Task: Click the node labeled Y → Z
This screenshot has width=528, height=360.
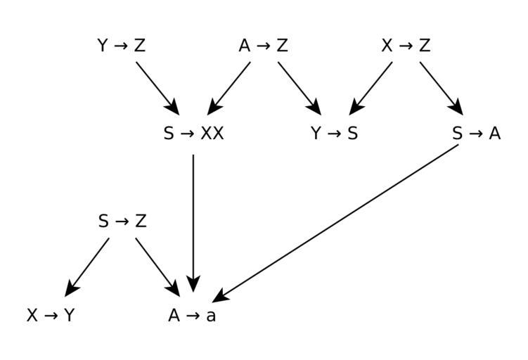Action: coord(122,46)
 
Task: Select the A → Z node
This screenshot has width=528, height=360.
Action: coord(264,46)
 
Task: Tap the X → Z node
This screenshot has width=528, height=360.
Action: coord(406,46)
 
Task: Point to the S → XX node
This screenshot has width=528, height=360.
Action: coord(193,134)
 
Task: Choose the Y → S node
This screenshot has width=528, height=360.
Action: coord(335,134)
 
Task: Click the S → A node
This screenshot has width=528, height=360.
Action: coord(477,134)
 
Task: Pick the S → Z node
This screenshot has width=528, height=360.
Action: coord(122,221)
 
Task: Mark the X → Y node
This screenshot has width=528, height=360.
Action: coord(51,316)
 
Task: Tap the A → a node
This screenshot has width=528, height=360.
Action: coord(193,316)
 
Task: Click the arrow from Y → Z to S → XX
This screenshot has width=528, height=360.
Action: coord(157,87)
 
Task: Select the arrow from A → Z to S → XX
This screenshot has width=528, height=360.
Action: coord(229,87)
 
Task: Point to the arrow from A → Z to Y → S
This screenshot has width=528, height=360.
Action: coord(300,87)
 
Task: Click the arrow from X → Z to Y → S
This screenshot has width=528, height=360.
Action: coord(371,87)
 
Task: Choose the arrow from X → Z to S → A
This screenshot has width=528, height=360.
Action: coord(442,87)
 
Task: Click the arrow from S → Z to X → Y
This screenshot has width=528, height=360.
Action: coord(87,267)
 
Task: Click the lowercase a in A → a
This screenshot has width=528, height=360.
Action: coord(211,316)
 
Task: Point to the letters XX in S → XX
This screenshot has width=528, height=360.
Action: coord(212,134)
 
